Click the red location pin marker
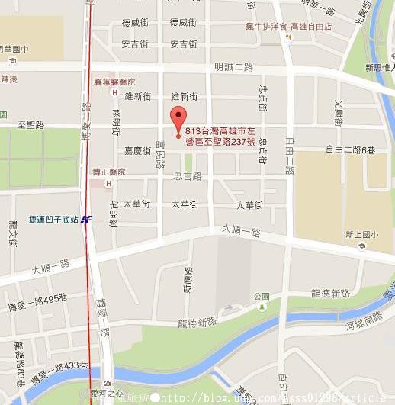pyautogui.click(x=178, y=121)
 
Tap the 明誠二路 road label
pyautogui.click(x=233, y=67)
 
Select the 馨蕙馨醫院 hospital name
pyautogui.click(x=114, y=82)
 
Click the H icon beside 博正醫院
pyautogui.click(x=109, y=184)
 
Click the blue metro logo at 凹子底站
pyautogui.click(x=86, y=219)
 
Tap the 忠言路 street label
pyautogui.click(x=187, y=176)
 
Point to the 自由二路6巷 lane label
pyautogui.click(x=351, y=149)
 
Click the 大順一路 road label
pyautogui.click(x=241, y=230)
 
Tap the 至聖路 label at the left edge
pyautogui.click(x=31, y=124)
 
